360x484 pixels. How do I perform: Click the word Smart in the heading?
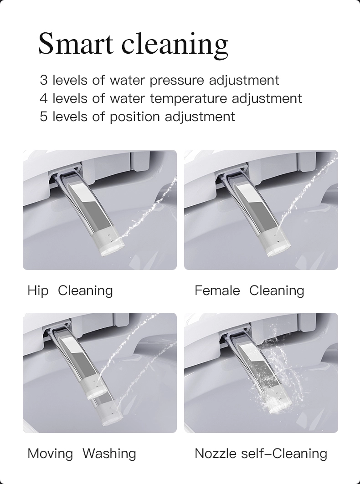(76, 43)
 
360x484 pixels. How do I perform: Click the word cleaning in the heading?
(175, 45)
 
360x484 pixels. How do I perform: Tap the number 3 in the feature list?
(44, 80)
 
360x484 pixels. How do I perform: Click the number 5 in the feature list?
(44, 117)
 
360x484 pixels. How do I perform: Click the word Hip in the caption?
(38, 291)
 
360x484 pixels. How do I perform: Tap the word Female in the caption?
(217, 290)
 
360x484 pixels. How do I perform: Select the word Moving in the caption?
(50, 454)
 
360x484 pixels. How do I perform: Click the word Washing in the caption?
(109, 454)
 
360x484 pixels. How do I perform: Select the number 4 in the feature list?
(44, 98)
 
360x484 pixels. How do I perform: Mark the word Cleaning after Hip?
(85, 291)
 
